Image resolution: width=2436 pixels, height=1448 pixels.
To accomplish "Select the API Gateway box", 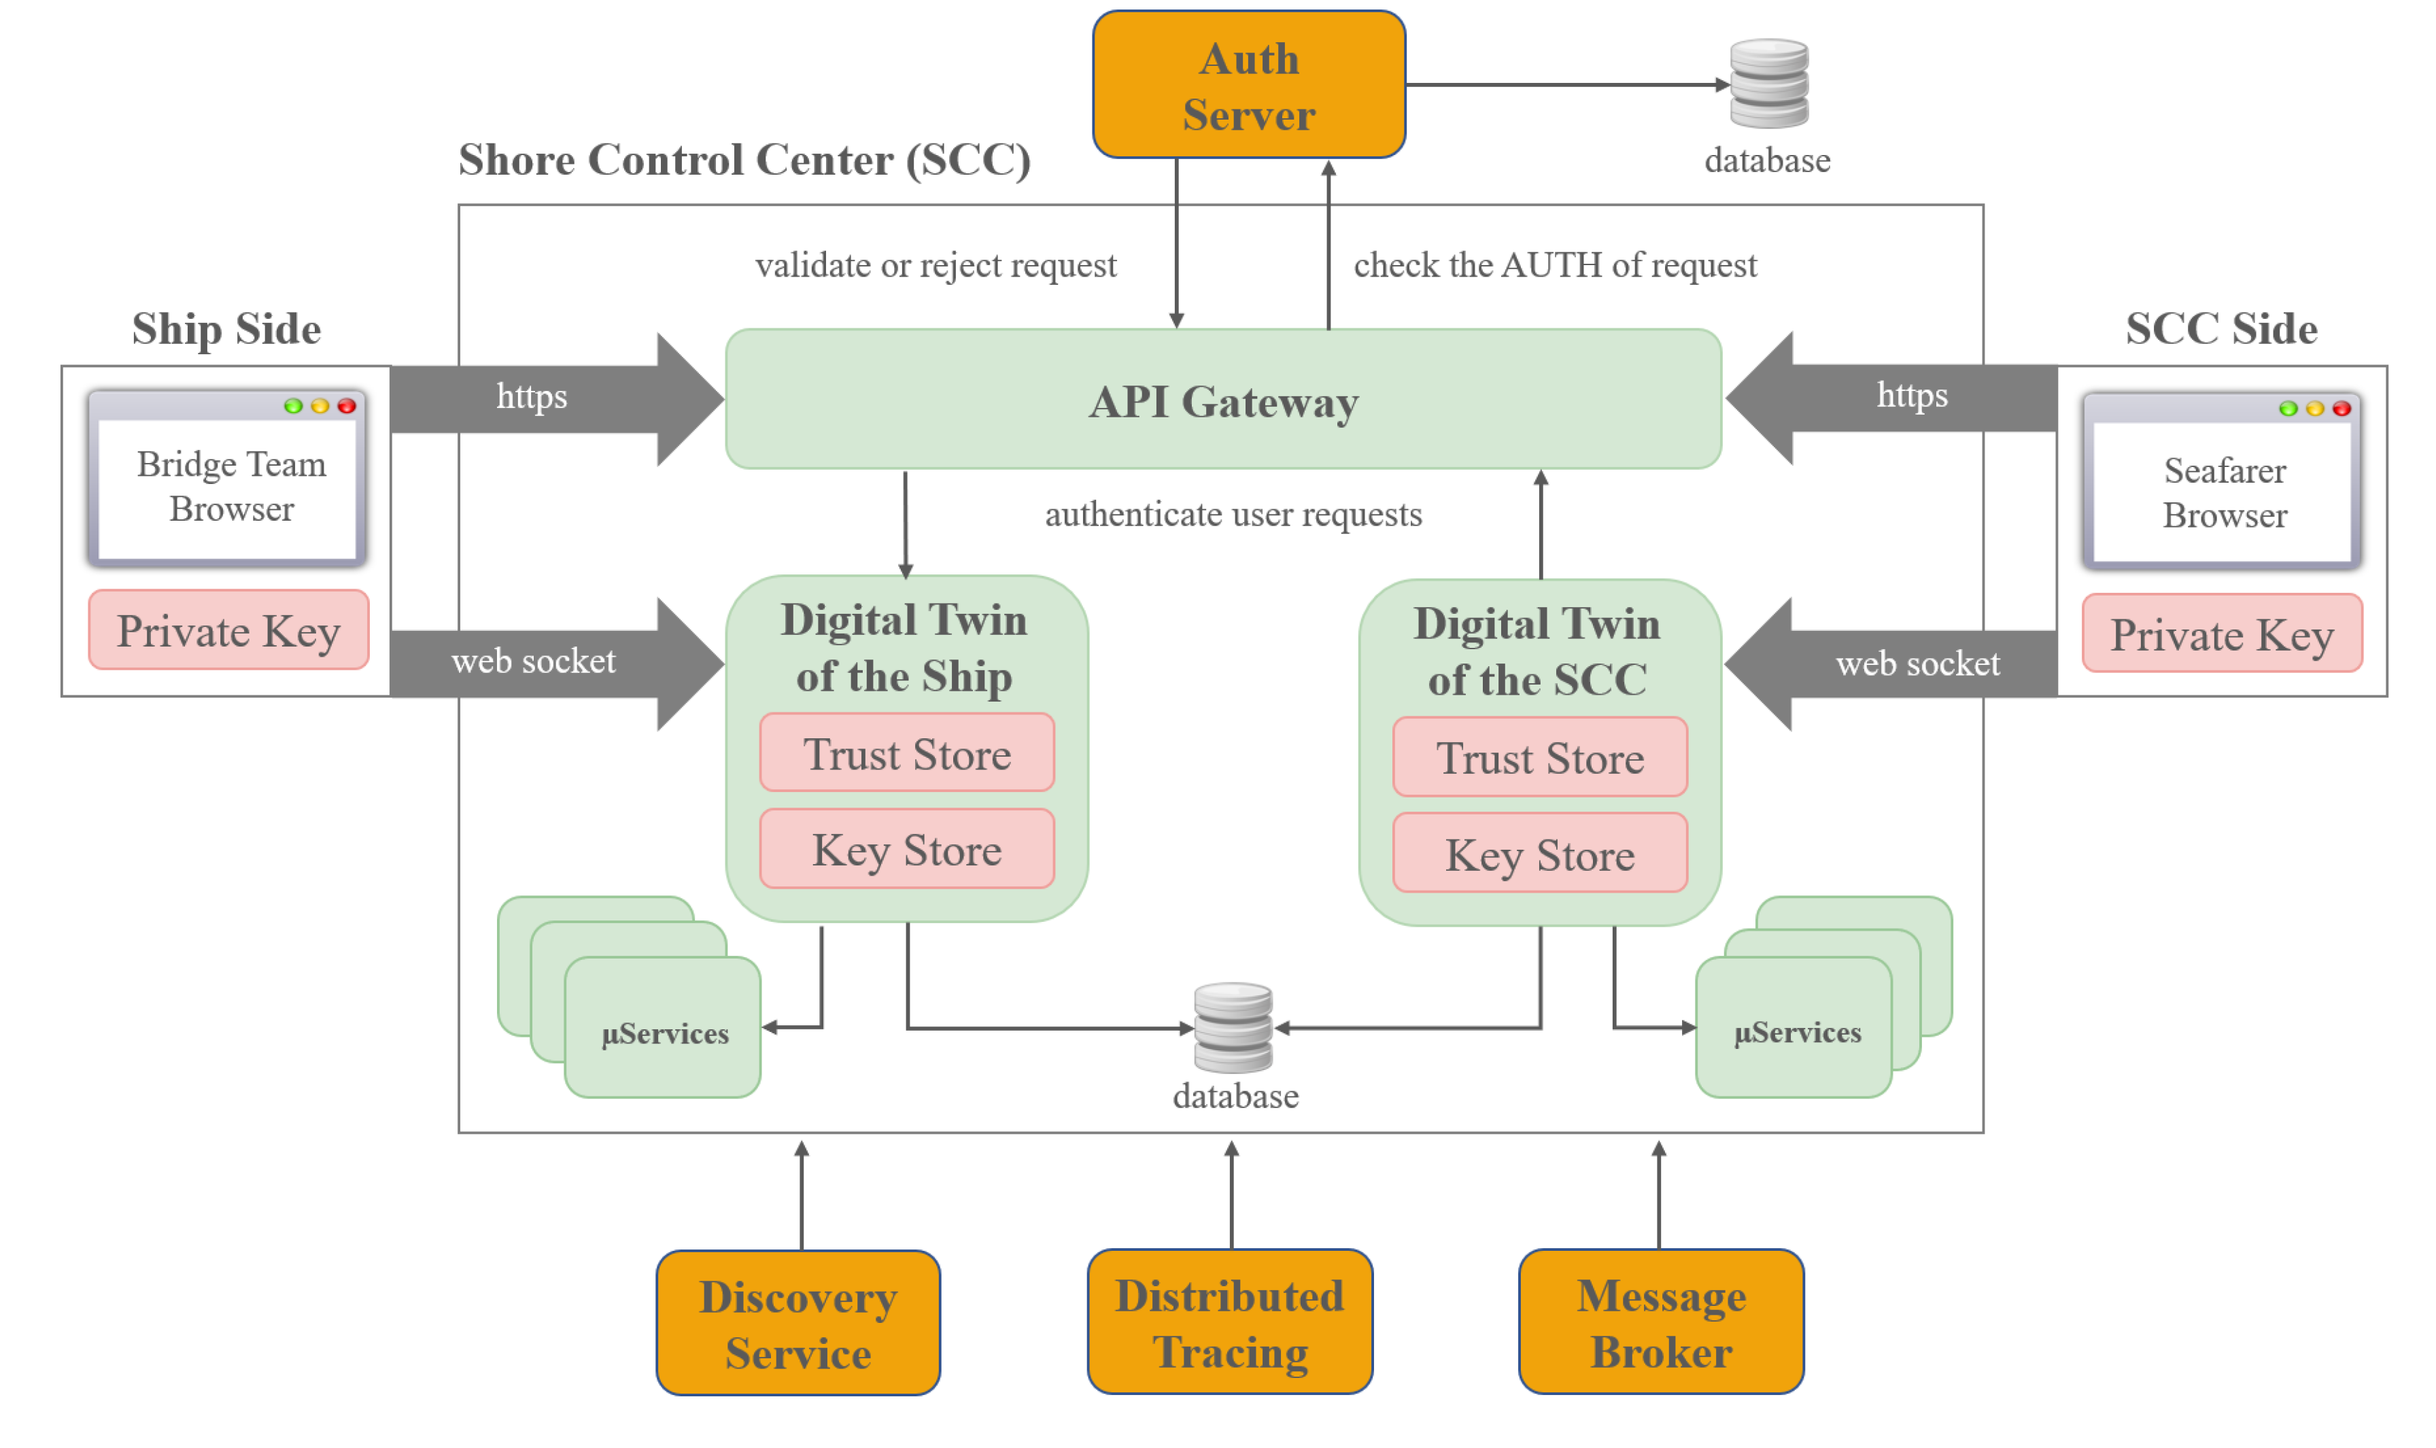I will (x=1222, y=399).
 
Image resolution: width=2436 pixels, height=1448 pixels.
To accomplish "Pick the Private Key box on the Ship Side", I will (x=228, y=630).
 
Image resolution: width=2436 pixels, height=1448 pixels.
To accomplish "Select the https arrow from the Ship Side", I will (x=547, y=398).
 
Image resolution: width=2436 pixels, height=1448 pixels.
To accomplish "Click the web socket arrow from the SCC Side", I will (x=1902, y=663).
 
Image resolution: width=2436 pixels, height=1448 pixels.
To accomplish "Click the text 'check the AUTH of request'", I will (x=1554, y=264).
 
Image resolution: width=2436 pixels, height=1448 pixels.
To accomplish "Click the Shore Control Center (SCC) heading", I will (x=744, y=159).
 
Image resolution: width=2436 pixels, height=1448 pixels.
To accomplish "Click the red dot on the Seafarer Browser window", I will (x=2339, y=408).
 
